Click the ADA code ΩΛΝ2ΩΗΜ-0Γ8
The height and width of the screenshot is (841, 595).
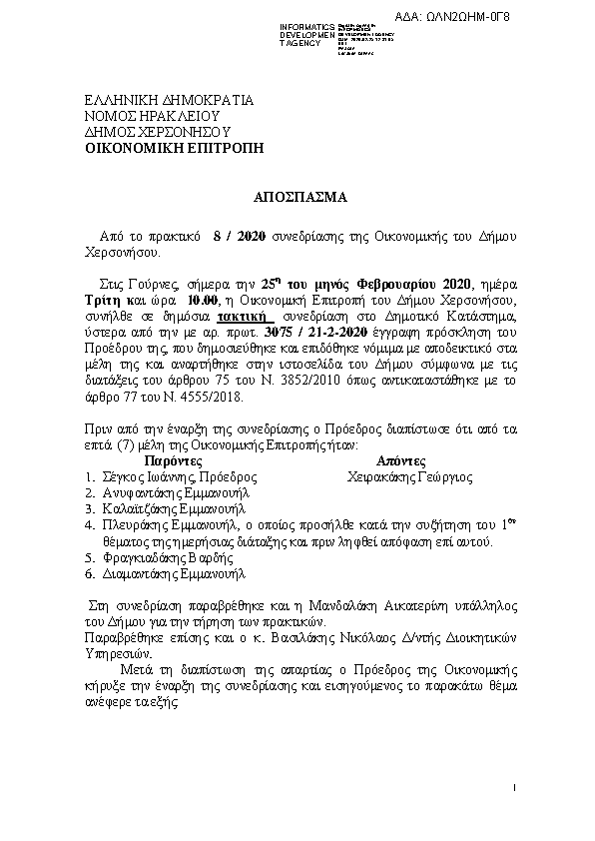coord(543,17)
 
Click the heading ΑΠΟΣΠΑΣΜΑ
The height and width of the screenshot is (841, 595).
coord(297,197)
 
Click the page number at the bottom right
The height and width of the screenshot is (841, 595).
coord(511,790)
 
